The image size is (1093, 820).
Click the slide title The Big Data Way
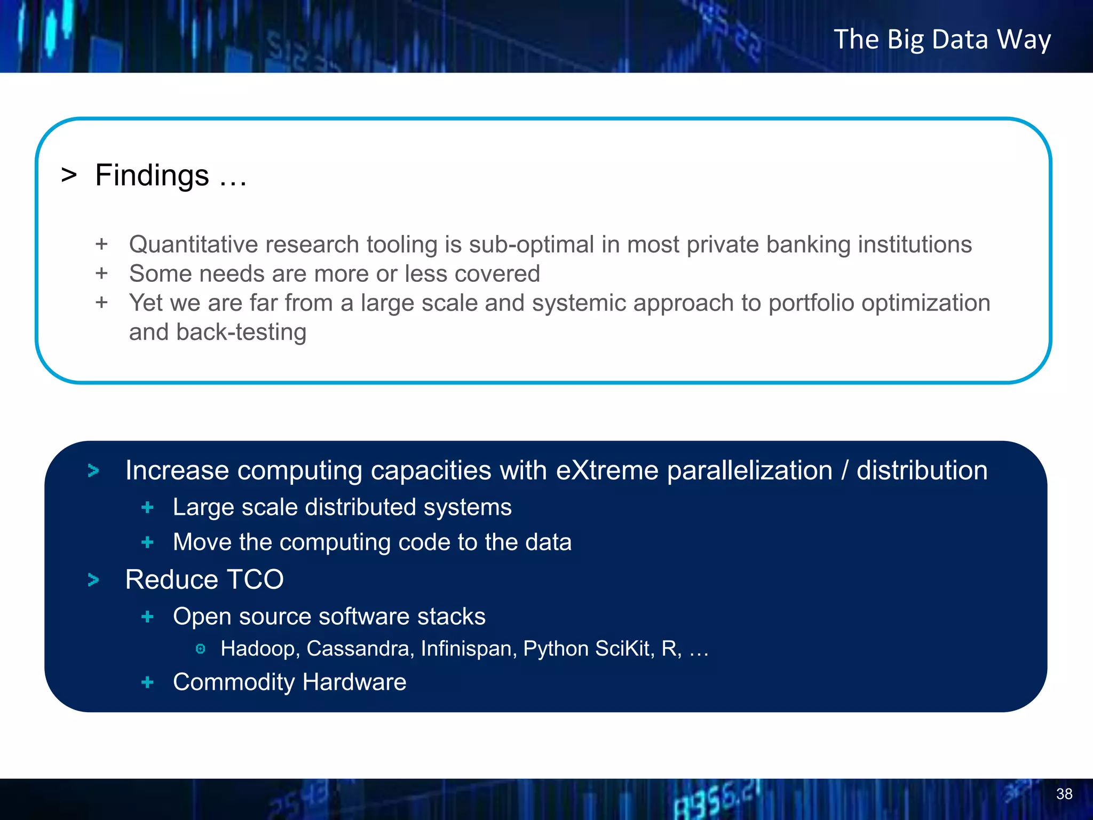coord(942,40)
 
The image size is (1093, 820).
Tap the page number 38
coord(1064,794)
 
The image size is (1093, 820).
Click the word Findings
coord(152,176)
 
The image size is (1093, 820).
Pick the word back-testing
coord(241,333)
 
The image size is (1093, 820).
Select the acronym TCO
coord(255,580)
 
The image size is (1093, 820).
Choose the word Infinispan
coord(468,649)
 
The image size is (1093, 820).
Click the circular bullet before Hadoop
coord(201,649)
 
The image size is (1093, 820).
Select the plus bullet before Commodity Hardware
coord(148,682)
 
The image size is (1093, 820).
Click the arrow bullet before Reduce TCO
coord(93,580)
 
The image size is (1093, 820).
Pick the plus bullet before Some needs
coord(102,273)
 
